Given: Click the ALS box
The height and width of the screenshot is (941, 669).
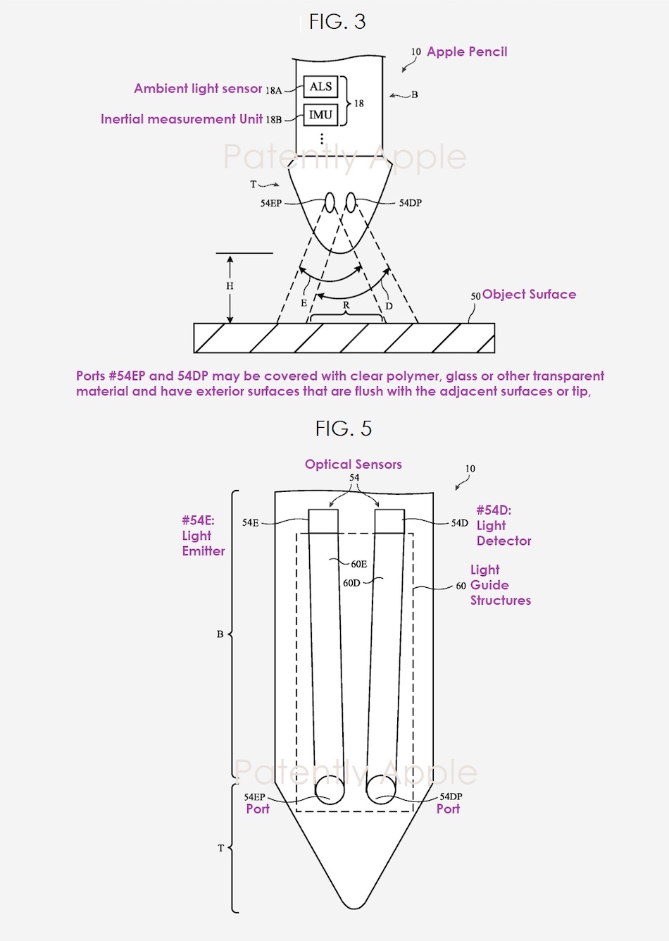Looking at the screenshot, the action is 320,87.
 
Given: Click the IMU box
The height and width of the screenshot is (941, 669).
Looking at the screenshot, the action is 320,115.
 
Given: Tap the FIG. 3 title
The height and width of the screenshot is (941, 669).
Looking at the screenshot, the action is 337,21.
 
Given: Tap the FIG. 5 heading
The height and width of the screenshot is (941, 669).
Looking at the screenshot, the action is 344,428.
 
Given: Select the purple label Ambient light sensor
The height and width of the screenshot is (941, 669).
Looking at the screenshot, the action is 198,88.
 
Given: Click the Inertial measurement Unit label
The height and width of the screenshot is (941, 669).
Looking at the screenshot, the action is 182,119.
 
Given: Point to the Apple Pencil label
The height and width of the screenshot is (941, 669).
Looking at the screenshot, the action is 467,51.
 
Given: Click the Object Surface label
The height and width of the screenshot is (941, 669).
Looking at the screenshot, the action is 530,294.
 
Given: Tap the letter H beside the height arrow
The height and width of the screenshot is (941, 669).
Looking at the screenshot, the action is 230,286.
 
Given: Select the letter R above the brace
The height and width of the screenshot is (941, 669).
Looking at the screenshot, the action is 346,305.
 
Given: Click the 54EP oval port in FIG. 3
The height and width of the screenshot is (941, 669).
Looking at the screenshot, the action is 330,202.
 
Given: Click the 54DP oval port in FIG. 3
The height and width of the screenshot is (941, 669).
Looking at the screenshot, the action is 351,202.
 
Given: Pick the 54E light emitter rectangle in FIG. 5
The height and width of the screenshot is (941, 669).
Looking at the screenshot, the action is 323,522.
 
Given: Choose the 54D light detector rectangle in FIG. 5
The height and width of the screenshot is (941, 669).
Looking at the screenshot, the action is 390,522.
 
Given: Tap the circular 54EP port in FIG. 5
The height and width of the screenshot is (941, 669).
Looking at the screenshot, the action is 330,790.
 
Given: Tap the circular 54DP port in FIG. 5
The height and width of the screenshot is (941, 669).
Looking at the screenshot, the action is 381,790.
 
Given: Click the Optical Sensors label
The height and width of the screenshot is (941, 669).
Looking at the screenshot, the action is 354,465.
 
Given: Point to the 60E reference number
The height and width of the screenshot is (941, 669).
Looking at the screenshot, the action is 359,564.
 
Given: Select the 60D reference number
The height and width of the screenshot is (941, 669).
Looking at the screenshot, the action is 351,583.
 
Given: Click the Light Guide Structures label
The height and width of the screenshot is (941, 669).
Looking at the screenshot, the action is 500,585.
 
